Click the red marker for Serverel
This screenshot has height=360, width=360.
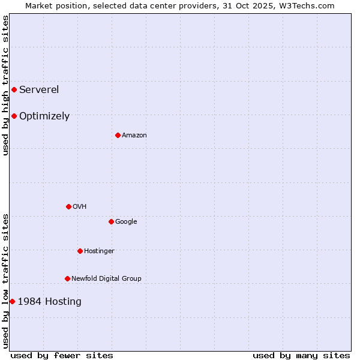pos(14,90)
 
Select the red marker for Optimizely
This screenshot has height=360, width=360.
pos(14,116)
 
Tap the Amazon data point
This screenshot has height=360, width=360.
pos(118,136)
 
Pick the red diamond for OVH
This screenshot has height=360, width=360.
pos(68,207)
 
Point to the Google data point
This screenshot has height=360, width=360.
pos(111,222)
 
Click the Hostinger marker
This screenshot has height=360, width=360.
pos(80,251)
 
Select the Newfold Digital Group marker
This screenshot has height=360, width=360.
pos(67,279)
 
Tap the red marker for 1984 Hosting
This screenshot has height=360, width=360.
pos(12,302)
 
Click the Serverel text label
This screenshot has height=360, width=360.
pos(39,90)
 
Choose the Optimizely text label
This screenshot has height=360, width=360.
pos(44,116)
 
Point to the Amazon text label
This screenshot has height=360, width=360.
pos(134,136)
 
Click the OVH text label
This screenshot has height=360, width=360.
pos(80,207)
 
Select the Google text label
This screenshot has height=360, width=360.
pos(126,222)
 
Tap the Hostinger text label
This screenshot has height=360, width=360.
pos(99,251)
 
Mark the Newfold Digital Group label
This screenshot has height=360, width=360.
pos(106,279)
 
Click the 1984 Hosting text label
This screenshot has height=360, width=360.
pos(49,302)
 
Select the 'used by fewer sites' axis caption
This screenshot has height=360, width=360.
pos(62,356)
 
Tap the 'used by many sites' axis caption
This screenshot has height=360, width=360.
pos(301,356)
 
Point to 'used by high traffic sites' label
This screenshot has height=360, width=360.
pos(5,85)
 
